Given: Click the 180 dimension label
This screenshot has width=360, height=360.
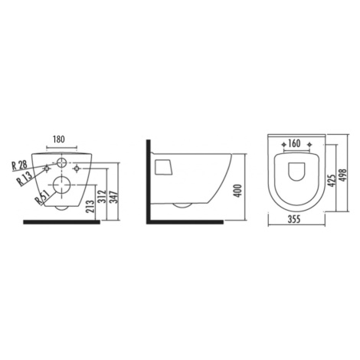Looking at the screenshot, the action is [x=59, y=139].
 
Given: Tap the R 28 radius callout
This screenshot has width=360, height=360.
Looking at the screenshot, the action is [x=19, y=165].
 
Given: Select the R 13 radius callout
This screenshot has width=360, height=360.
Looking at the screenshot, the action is [x=25, y=178].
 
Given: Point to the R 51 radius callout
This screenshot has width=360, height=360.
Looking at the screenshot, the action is [x=42, y=198].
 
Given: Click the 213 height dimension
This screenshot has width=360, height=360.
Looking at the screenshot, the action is [x=90, y=206].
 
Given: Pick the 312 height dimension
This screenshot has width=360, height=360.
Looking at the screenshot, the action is [x=103, y=196].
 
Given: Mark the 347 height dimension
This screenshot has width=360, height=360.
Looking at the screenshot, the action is [x=115, y=197].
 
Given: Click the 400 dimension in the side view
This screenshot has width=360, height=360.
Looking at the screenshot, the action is [x=237, y=191].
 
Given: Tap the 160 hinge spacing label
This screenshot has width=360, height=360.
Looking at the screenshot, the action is [x=294, y=143].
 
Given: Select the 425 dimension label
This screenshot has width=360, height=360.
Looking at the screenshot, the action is [x=332, y=181].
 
